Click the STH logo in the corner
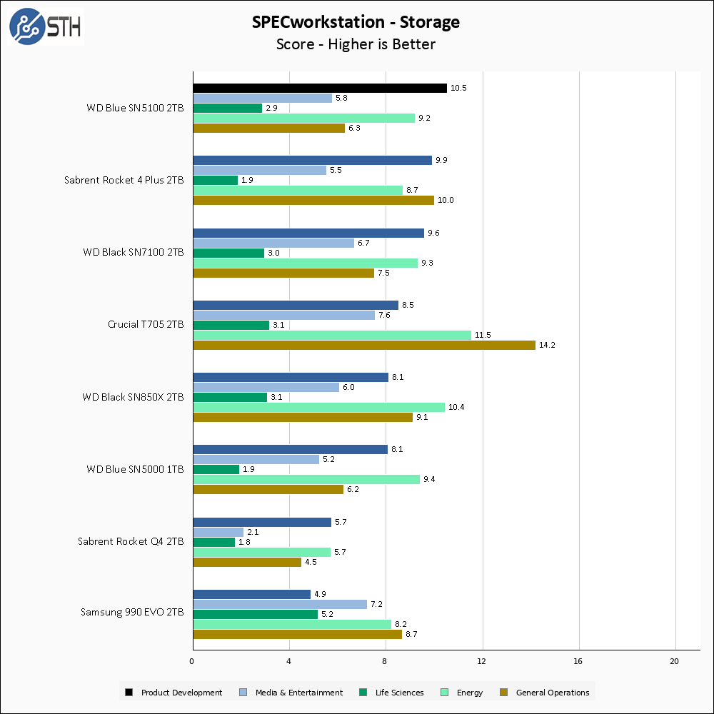(45, 26)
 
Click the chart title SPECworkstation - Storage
(356, 22)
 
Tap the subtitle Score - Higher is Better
(356, 44)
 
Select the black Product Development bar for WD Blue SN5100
(319, 88)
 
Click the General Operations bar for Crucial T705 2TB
(363, 345)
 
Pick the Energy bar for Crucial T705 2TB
(331, 335)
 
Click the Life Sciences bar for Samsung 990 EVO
(255, 614)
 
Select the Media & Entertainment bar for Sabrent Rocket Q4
(218, 532)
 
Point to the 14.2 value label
(546, 345)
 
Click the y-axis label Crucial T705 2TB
(146, 324)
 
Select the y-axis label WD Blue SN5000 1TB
(135, 469)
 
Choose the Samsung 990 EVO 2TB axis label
(132, 613)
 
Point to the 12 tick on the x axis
(482, 661)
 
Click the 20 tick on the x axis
(675, 661)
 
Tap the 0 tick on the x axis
(192, 661)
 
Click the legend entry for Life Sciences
(391, 692)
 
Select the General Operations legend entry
(545, 692)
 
